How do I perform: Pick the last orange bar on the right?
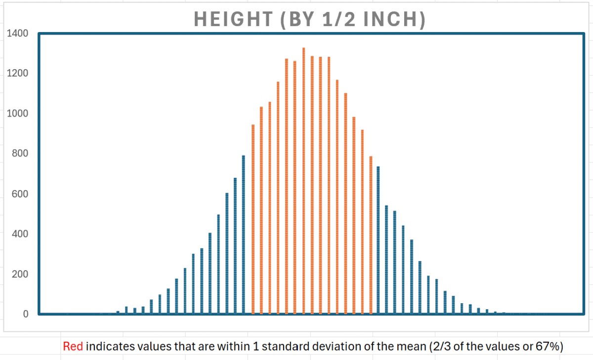click(x=371, y=235)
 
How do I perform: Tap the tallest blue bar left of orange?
click(x=244, y=235)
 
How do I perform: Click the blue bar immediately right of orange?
click(x=378, y=240)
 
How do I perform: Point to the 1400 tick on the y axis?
click(x=18, y=34)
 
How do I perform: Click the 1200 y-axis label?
click(x=18, y=74)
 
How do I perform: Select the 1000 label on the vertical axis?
click(x=18, y=114)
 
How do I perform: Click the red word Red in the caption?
click(x=73, y=347)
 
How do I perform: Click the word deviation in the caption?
click(x=340, y=347)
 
